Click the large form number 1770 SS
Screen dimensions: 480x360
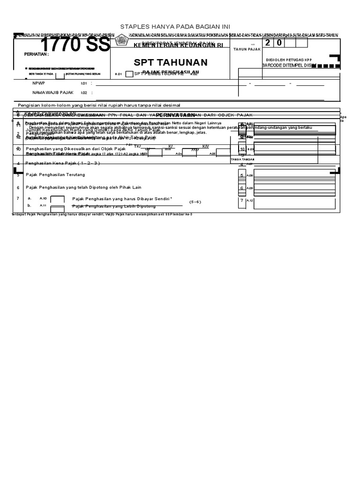pyautogui.click(x=75, y=45)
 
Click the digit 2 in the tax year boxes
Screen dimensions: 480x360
pyautogui.click(x=268, y=43)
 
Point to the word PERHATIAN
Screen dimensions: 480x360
pyautogui.click(x=37, y=54)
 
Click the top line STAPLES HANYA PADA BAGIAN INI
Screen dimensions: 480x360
pyautogui.click(x=175, y=26)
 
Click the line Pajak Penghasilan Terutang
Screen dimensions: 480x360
pyautogui.click(x=55, y=175)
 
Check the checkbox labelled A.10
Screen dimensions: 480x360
pyautogui.click(x=57, y=200)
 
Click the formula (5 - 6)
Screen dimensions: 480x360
pyautogui.click(x=195, y=202)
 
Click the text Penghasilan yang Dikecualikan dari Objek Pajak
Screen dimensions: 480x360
pyautogui.click(x=75, y=149)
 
